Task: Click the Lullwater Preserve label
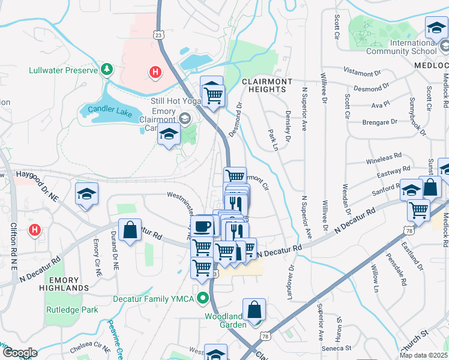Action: (x=63, y=70)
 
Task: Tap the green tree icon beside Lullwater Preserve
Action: (x=107, y=70)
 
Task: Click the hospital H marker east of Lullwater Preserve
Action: (x=155, y=73)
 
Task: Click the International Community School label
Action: (x=413, y=47)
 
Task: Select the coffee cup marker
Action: (x=203, y=226)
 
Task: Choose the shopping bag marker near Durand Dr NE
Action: (x=130, y=230)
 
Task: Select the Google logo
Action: (x=19, y=353)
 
